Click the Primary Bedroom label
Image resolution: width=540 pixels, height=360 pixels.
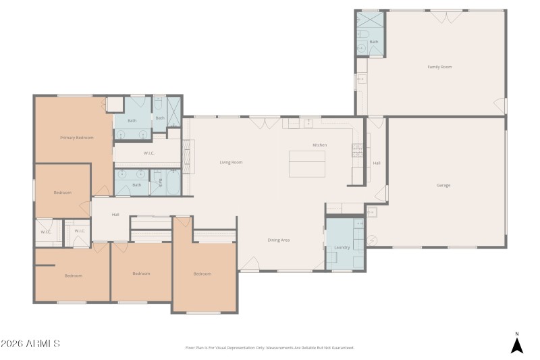pos(76,138)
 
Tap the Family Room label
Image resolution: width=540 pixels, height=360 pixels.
pos(439,67)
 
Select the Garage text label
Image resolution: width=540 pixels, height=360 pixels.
pos(443,185)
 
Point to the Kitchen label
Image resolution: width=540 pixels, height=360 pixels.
pos(319,145)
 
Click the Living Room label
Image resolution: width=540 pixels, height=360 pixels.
pos(231,162)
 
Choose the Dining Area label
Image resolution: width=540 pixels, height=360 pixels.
pos(279,240)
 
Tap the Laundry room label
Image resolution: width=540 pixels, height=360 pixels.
pos(342,247)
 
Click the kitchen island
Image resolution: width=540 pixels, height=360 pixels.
pos(307,163)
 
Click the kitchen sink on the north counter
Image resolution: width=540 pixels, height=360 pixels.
pos(308,123)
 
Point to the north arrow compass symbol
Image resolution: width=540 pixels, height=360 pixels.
pos(516,344)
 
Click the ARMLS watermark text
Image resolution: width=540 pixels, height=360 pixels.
pos(30,344)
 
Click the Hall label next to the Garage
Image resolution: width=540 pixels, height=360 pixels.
pos(377,163)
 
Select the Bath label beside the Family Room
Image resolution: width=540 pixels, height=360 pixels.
pos(373,42)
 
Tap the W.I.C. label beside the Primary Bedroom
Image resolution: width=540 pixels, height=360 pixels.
pos(150,153)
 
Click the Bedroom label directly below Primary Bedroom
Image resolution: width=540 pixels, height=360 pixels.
pos(63,192)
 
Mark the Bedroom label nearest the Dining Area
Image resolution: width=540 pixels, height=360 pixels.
pos(202,274)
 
